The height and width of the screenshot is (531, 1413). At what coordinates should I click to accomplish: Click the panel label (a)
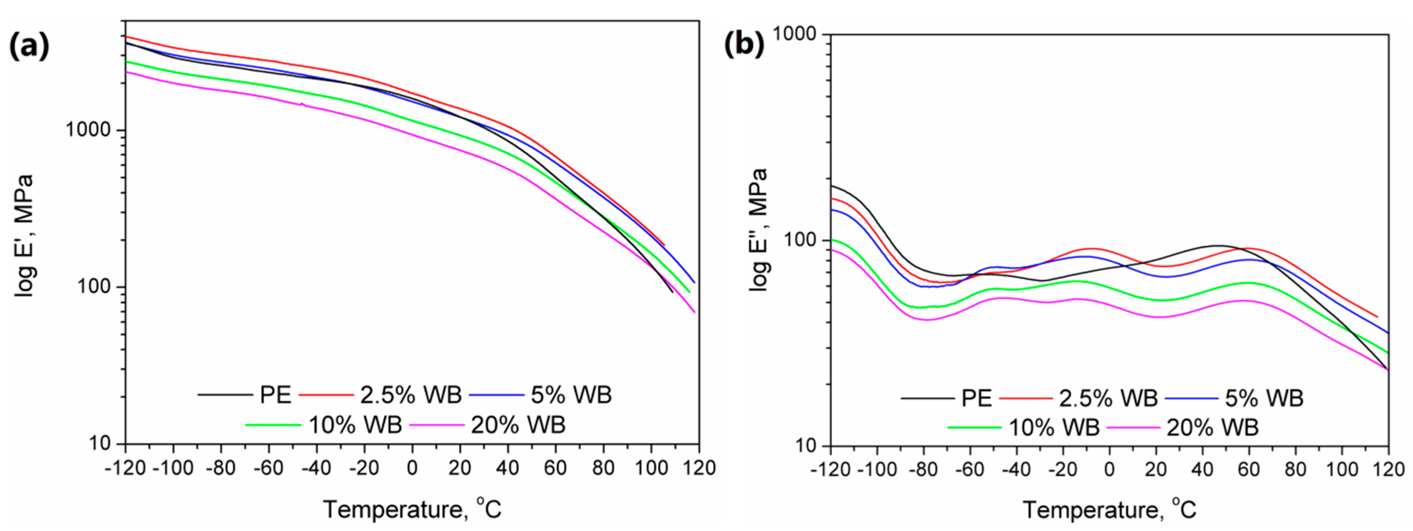click(x=28, y=46)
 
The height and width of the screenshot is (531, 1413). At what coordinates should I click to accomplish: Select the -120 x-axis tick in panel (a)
click(x=126, y=468)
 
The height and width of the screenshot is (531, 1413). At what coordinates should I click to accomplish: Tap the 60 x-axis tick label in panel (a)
click(x=555, y=468)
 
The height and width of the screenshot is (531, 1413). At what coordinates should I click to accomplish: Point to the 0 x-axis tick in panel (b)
click(x=1109, y=470)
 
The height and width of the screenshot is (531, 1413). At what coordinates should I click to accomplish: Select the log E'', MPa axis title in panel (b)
click(x=759, y=231)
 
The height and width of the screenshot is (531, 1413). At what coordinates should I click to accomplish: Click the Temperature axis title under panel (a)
click(x=412, y=510)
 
